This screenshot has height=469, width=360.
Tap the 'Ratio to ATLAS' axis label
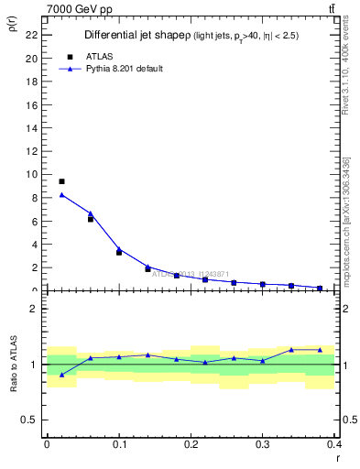[13, 364]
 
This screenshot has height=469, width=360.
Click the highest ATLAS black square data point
[61, 181]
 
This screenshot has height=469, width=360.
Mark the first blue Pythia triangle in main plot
[61, 194]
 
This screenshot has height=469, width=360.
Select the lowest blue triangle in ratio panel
[61, 375]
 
